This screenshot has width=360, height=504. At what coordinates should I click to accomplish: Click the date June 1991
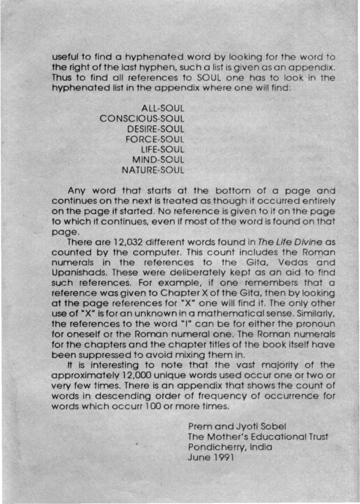[x=211, y=457]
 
